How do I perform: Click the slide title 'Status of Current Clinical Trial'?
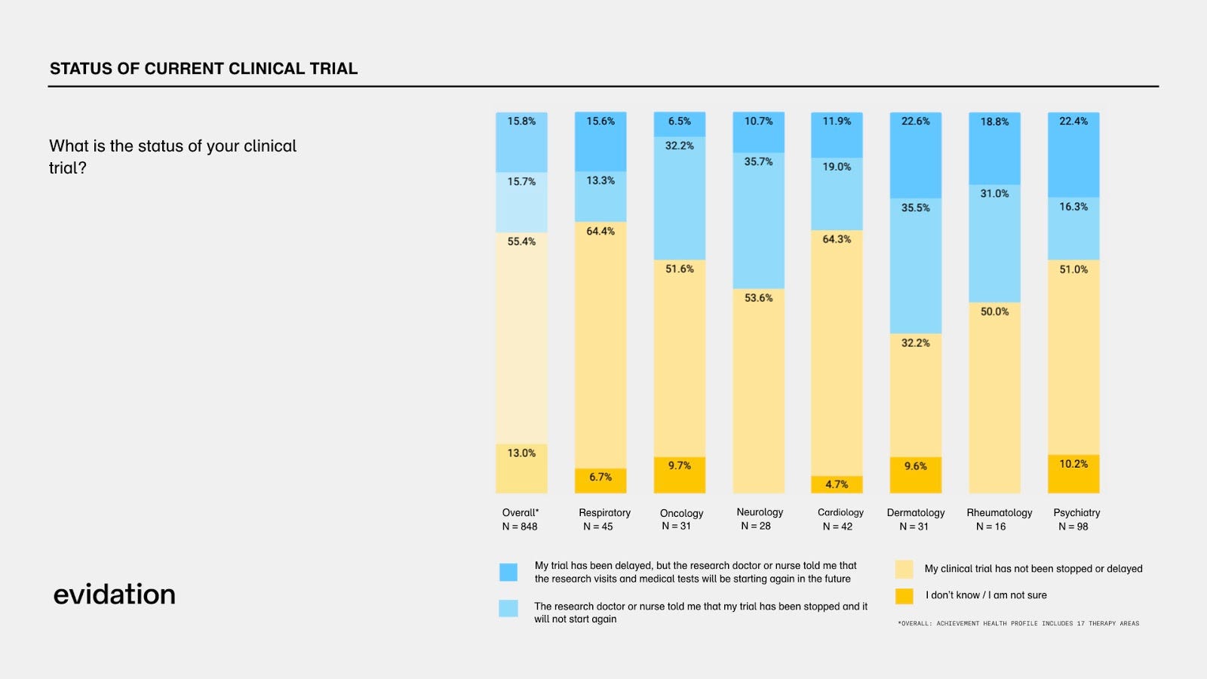[x=204, y=69]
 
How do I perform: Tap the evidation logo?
[x=114, y=595]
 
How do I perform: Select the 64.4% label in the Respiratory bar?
[x=600, y=232]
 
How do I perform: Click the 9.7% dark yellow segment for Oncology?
[x=680, y=475]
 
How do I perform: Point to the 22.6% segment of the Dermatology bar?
[x=916, y=155]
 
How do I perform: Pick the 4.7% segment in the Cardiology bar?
[x=837, y=484]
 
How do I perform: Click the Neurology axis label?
[x=760, y=512]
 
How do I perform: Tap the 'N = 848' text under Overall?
[x=520, y=527]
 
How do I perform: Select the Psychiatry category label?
[x=1076, y=512]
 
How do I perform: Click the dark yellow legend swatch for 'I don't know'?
[x=904, y=595]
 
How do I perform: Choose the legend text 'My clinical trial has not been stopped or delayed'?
[x=1033, y=569]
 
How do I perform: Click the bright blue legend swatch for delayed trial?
[x=508, y=572]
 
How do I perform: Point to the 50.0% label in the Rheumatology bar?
[x=994, y=312]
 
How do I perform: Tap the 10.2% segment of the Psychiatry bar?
[x=1073, y=474]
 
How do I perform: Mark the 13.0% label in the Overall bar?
[x=521, y=453]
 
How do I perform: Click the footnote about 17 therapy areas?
[x=1018, y=623]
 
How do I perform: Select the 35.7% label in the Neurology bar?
[x=758, y=161]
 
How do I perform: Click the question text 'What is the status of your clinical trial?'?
[x=173, y=156]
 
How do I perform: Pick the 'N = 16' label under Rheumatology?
[x=990, y=527]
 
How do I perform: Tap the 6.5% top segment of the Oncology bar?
[x=680, y=123]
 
